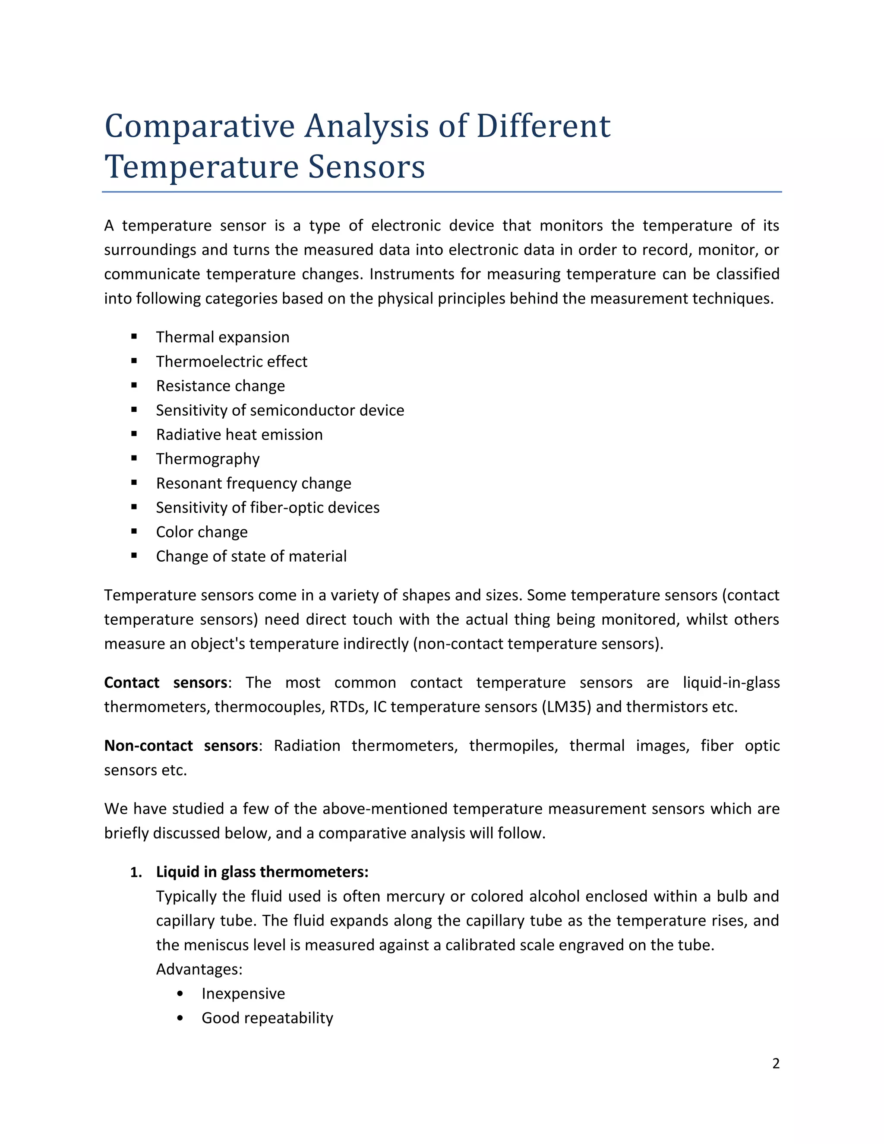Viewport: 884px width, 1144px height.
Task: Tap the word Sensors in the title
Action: (366, 167)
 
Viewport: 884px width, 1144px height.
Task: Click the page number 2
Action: (776, 1063)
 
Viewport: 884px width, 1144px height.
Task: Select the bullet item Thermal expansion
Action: (223, 337)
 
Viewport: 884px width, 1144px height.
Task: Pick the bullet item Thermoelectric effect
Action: (231, 361)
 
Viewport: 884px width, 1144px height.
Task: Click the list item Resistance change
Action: (221, 386)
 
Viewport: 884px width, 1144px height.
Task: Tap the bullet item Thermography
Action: (208, 459)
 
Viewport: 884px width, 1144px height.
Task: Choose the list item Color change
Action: (202, 532)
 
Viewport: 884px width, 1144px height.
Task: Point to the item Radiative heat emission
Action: (239, 435)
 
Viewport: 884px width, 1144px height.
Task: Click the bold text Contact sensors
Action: (165, 683)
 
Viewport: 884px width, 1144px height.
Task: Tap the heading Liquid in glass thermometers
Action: (262, 872)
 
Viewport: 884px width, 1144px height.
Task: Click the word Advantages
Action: (199, 969)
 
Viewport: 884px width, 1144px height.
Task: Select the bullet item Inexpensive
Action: (243, 994)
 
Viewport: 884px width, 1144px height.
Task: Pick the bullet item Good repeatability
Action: (267, 1018)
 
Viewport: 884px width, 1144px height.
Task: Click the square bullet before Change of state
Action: (135, 556)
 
